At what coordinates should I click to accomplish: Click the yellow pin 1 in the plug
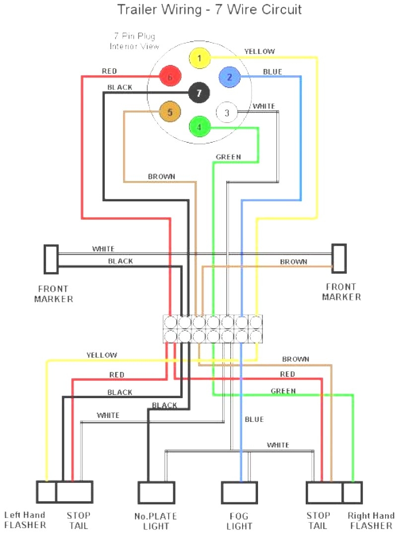click(x=199, y=59)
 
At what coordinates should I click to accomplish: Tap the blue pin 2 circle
click(x=229, y=77)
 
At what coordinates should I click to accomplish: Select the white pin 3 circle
click(x=227, y=113)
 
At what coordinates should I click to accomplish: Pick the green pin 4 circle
click(x=199, y=126)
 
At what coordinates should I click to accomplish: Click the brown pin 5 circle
click(x=170, y=112)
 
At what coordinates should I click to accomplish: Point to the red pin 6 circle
click(x=170, y=77)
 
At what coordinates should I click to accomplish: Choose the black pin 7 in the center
click(x=199, y=93)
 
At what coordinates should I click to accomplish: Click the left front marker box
click(x=51, y=259)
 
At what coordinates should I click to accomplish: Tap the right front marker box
click(x=339, y=258)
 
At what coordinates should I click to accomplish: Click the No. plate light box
click(x=156, y=492)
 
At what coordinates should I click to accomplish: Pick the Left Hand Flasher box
click(x=46, y=492)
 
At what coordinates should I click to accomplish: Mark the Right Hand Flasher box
click(x=352, y=492)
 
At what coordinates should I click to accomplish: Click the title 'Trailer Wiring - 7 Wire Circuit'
click(x=209, y=9)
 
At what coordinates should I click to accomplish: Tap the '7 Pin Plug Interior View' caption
click(x=134, y=41)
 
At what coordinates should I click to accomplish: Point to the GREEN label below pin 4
click(x=228, y=157)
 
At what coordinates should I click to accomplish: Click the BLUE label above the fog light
click(x=254, y=419)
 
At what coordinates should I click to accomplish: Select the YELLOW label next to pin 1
click(x=259, y=52)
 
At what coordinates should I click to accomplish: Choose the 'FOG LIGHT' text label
click(x=240, y=521)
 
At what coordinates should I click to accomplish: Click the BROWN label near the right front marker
click(x=293, y=261)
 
